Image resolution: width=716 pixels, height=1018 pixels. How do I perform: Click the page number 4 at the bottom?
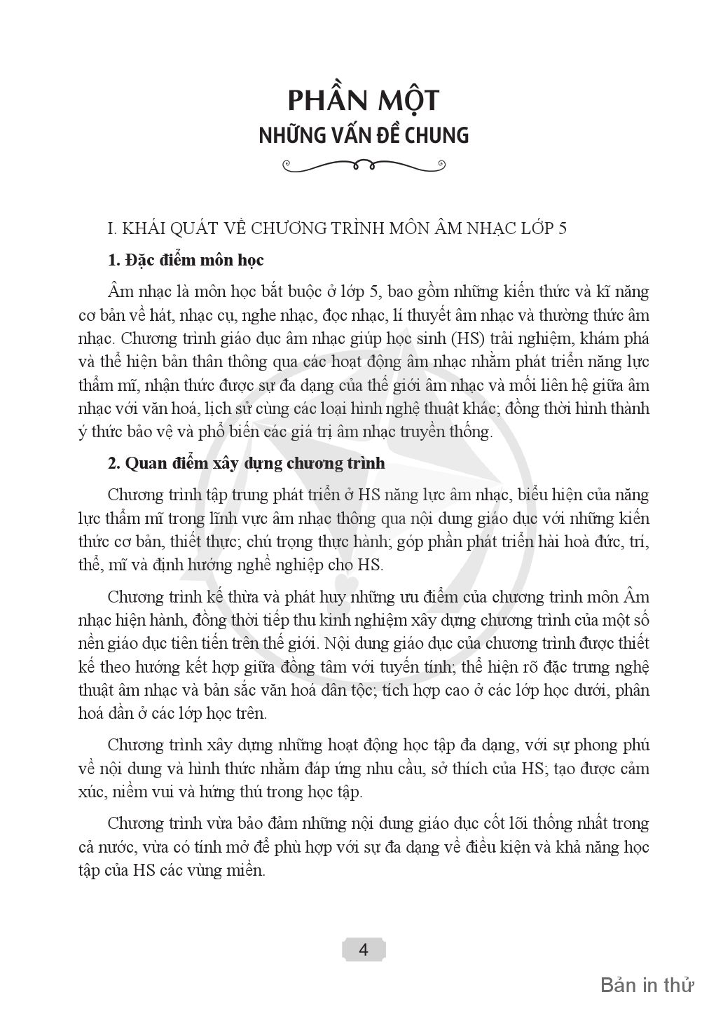(x=363, y=950)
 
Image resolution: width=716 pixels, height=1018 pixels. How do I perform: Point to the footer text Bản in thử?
(x=647, y=985)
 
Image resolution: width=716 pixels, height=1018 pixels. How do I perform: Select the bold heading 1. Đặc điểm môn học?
(x=186, y=260)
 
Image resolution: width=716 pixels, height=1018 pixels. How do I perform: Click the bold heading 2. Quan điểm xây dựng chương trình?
(x=246, y=464)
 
